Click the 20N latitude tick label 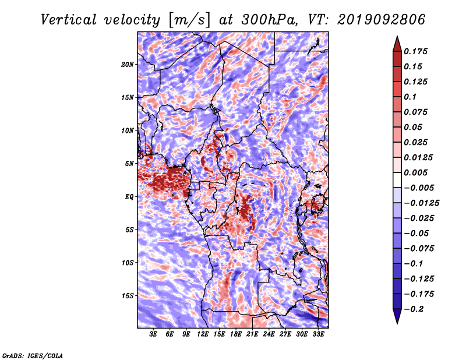click(x=128, y=65)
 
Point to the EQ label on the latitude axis click(x=129, y=197)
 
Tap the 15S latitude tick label click(x=128, y=296)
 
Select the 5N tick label click(x=129, y=164)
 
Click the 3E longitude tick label click(x=153, y=334)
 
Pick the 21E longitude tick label click(x=252, y=334)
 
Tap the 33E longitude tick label click(x=318, y=334)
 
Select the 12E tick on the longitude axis click(x=203, y=334)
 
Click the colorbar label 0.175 click(x=415, y=51)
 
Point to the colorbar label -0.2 click(x=414, y=309)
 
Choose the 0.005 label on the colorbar click(x=415, y=172)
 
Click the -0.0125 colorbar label click(x=421, y=203)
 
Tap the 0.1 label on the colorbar click(x=410, y=97)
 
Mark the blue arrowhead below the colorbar click(x=397, y=316)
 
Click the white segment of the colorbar click(x=397, y=180)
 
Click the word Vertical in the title click(x=69, y=20)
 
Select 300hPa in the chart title click(x=269, y=20)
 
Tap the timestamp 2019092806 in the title click(x=382, y=20)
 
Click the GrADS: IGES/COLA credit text click(x=33, y=356)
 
